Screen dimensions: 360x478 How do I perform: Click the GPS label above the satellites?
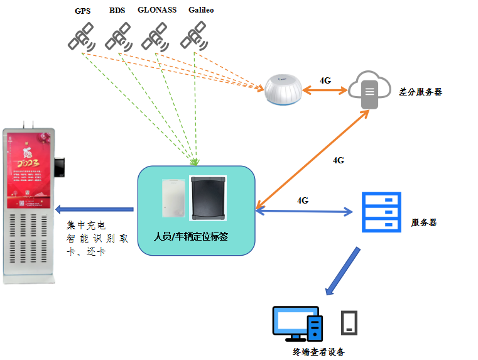point(82,11)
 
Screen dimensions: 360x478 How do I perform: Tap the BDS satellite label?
point(117,11)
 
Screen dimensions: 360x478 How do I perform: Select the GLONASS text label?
point(157,10)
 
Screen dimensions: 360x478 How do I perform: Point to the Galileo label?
point(202,10)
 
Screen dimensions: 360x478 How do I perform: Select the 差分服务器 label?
point(420,92)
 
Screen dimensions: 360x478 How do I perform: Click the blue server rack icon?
point(381,212)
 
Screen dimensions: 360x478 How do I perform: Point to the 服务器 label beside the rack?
point(424,222)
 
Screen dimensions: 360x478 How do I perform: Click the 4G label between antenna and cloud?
point(325,80)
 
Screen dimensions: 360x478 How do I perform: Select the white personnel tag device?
point(171,199)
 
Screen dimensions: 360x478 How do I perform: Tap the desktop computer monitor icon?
point(295,321)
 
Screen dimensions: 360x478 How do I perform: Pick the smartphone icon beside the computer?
point(350,322)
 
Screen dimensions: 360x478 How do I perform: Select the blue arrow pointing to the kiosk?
point(94,209)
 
